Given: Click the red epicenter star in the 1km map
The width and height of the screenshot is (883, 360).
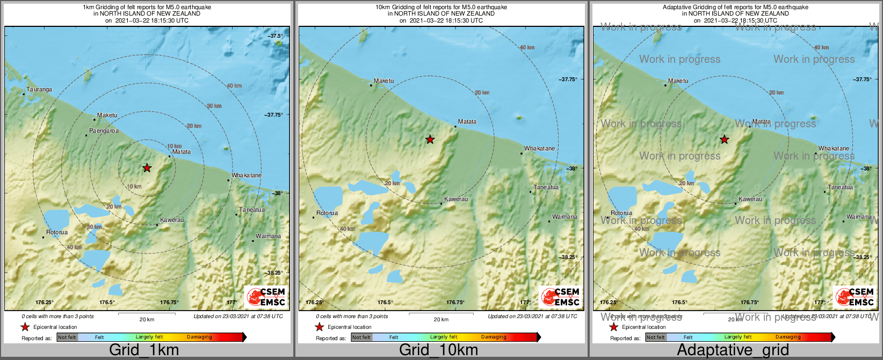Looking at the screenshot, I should click(x=147, y=168).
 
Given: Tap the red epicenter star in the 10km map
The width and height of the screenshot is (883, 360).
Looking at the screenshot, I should click(x=430, y=140).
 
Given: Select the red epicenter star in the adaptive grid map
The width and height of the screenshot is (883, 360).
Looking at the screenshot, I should click(x=725, y=140).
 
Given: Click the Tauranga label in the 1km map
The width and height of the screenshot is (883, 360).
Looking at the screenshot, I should click(x=39, y=89).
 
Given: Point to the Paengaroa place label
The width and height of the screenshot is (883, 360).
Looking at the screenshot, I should click(x=104, y=131).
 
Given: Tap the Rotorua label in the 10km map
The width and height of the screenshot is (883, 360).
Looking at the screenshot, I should click(x=327, y=213).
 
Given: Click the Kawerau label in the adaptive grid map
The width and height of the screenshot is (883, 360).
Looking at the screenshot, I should click(x=750, y=199).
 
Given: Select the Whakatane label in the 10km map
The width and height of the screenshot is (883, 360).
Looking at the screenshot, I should click(x=540, y=149).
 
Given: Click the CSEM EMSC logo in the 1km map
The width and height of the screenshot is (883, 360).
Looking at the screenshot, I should click(x=266, y=297).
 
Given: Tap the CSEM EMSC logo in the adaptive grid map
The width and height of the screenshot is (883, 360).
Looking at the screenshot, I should click(x=855, y=297).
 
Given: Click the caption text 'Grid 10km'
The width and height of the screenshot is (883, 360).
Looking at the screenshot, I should click(x=438, y=350).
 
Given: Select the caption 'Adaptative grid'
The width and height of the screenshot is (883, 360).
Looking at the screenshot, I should click(x=733, y=350).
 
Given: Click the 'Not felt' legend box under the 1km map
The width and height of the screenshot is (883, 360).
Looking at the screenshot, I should click(x=67, y=337).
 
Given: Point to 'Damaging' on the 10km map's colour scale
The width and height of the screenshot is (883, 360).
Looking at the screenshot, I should click(x=494, y=337).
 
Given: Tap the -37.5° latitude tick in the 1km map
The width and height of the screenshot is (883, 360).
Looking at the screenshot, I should click(x=276, y=36).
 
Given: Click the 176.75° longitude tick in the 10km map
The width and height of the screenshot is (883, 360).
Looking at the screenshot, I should click(x=455, y=303).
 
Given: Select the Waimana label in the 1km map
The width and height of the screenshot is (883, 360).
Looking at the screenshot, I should click(x=268, y=236).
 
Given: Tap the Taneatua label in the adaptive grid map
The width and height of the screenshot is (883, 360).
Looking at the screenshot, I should click(x=841, y=188).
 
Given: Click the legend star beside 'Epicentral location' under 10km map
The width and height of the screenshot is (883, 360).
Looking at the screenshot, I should click(x=319, y=327).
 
